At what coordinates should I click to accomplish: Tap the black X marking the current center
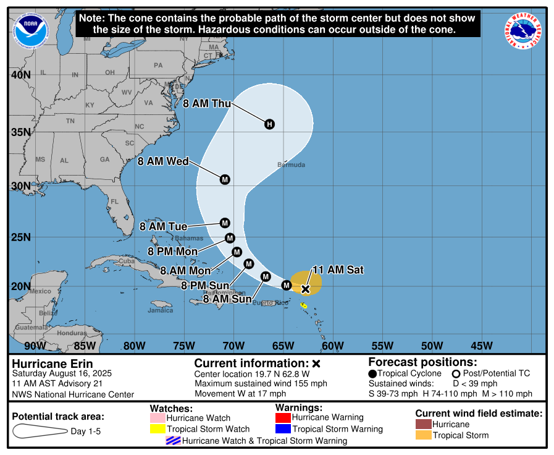[305, 289]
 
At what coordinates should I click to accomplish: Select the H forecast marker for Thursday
[269, 124]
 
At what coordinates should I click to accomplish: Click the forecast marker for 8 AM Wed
[225, 179]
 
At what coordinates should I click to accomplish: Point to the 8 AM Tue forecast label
[163, 227]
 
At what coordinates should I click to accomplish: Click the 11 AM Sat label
[338, 270]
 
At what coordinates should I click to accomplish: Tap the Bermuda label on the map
[291, 165]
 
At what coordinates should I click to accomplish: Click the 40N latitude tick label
[20, 75]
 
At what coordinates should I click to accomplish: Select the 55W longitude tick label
[383, 345]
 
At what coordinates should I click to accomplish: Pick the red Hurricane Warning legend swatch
[283, 418]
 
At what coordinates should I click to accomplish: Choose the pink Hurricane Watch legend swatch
[157, 419]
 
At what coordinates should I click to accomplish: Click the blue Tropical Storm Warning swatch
[283, 429]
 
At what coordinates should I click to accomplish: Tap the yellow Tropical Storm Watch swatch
[157, 429]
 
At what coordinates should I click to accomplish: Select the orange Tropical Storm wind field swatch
[423, 435]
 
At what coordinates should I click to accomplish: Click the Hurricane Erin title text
[52, 364]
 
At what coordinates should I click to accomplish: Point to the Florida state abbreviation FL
[114, 202]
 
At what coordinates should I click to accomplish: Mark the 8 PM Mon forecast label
[173, 252]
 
